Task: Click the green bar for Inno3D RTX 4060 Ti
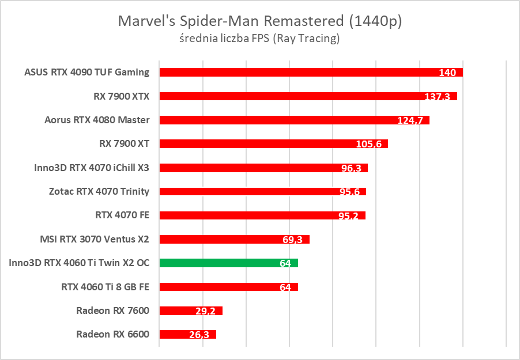tap(228, 263)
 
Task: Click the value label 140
tap(447, 73)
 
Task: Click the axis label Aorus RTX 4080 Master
tap(97, 120)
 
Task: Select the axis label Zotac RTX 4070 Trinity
tap(99, 191)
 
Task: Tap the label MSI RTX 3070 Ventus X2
tap(94, 238)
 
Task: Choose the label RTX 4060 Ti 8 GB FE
tap(105, 286)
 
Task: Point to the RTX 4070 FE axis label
tap(122, 215)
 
